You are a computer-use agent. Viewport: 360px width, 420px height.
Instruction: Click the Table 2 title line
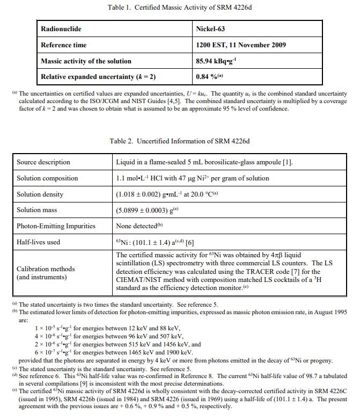pyautogui.click(x=180, y=141)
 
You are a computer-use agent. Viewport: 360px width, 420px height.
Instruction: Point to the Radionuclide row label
pyautogui.click(x=61, y=28)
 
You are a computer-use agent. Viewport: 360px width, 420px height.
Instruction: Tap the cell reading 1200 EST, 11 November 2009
pyautogui.click(x=241, y=45)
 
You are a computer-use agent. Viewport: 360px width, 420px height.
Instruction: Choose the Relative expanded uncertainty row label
pyautogui.click(x=98, y=77)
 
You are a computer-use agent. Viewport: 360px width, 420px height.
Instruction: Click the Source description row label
pyautogui.click(x=43, y=162)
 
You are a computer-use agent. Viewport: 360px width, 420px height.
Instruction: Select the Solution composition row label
pyautogui.click(x=47, y=178)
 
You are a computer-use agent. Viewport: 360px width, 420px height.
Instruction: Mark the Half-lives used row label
pyautogui.click(x=39, y=242)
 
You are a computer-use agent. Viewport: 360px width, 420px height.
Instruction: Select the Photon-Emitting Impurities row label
pyautogui.click(x=56, y=226)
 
